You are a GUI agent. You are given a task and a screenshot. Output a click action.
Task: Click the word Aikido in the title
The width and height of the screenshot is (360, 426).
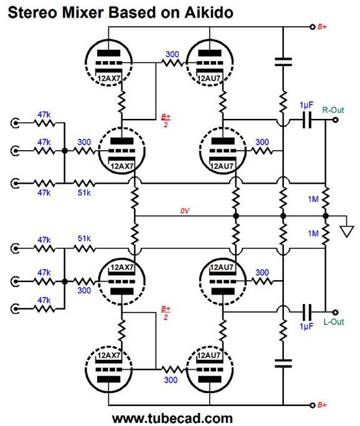(209, 12)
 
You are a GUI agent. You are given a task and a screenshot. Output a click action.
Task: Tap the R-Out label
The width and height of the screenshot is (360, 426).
(333, 110)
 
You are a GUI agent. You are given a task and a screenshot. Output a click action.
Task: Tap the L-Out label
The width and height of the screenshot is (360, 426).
(334, 322)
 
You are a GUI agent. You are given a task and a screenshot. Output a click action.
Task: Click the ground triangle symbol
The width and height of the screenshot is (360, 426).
(347, 232)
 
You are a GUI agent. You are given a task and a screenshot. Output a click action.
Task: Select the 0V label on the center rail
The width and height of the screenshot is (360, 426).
(185, 211)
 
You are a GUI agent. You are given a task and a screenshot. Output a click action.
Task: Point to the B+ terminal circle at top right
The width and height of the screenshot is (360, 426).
(313, 27)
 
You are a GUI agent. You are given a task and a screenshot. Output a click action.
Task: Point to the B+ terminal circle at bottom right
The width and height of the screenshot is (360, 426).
(313, 405)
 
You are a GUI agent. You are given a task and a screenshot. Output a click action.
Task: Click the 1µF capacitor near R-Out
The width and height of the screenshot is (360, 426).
(307, 120)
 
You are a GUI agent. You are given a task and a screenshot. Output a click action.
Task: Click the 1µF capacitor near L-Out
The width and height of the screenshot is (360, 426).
(307, 312)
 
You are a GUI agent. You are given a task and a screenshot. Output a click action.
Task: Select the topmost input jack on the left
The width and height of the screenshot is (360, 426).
(15, 123)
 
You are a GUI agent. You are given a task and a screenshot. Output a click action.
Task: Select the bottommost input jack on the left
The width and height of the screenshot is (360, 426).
(15, 309)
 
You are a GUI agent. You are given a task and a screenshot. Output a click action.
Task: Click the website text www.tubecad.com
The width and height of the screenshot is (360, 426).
(173, 419)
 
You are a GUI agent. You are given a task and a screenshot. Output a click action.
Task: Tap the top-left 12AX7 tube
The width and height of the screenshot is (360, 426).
(108, 63)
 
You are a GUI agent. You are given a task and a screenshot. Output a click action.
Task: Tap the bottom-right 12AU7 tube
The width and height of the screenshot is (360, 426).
(210, 369)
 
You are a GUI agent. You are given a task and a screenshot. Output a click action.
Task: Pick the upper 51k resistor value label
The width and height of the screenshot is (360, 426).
(84, 192)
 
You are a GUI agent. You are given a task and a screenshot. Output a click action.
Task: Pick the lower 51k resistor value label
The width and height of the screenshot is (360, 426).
(84, 239)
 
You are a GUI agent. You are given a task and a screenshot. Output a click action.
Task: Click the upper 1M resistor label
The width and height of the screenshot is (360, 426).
(313, 199)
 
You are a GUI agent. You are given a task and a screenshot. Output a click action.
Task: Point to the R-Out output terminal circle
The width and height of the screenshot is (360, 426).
(336, 120)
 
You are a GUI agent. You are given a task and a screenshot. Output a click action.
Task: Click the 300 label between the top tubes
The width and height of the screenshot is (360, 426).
(173, 54)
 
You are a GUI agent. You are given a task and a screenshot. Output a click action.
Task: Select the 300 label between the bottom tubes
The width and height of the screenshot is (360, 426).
(171, 380)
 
